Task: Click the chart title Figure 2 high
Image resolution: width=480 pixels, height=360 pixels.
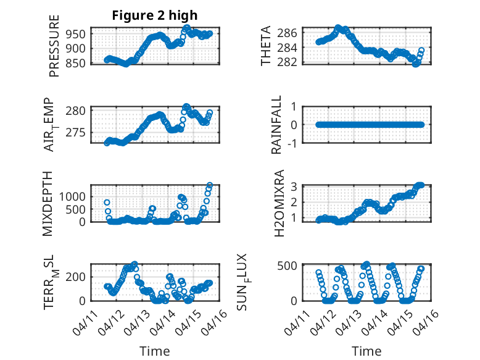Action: click(x=155, y=15)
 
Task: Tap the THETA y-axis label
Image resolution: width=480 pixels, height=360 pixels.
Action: click(x=266, y=46)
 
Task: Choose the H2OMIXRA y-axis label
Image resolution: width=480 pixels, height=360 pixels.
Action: click(x=278, y=203)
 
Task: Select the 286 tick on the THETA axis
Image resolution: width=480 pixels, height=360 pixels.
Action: click(x=290, y=32)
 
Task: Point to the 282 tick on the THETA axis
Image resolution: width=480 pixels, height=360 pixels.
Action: click(x=290, y=62)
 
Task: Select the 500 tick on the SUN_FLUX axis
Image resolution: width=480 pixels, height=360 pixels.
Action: click(x=288, y=266)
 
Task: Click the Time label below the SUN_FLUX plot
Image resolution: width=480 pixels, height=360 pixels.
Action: click(x=366, y=351)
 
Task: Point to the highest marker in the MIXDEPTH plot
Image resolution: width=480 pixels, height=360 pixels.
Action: click(x=210, y=185)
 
